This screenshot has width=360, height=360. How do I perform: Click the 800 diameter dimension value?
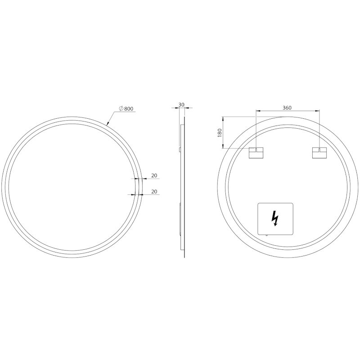pyautogui.click(x=129, y=108)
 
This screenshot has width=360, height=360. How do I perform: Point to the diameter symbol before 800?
pyautogui.click(x=121, y=108)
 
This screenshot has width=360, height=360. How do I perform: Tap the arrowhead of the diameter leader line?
pyautogui.click(x=107, y=125)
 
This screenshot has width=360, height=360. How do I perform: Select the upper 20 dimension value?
pyautogui.click(x=154, y=175)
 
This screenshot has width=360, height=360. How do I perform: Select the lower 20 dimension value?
pyautogui.click(x=154, y=192)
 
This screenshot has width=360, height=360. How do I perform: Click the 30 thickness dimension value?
pyautogui.click(x=181, y=105)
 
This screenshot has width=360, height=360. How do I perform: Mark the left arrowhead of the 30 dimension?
pyautogui.click(x=177, y=108)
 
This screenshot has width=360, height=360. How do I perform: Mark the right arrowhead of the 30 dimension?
pyautogui.click(x=186, y=108)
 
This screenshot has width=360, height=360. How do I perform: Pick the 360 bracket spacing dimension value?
pyautogui.click(x=287, y=108)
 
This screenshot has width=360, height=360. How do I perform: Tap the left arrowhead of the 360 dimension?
pyautogui.click(x=257, y=111)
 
